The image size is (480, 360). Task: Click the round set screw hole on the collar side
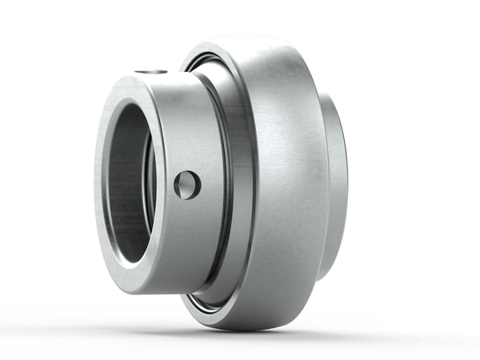tap(186, 185)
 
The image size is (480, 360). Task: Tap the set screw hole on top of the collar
tap(150, 73)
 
